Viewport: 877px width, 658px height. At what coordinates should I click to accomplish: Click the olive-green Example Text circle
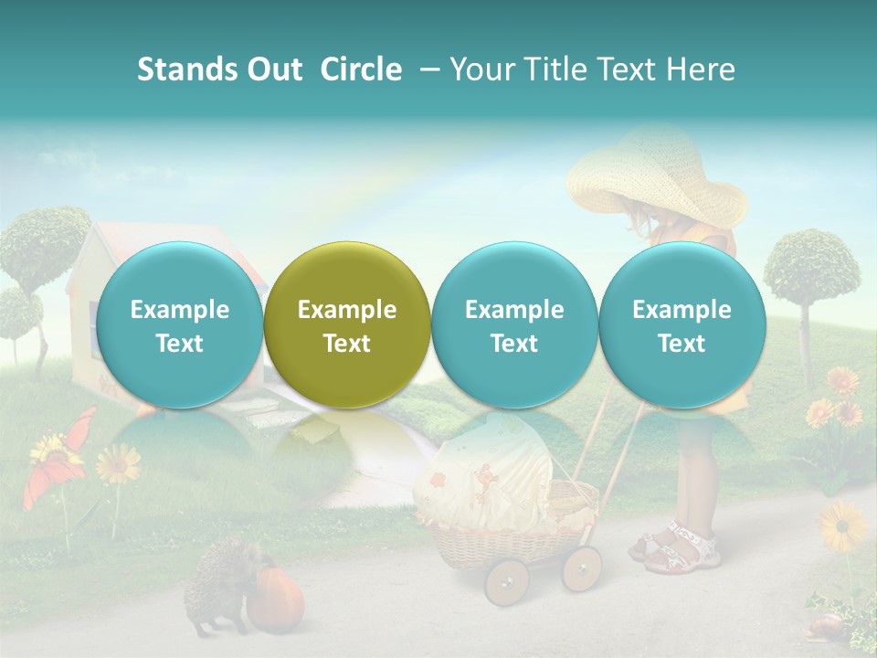[x=347, y=325]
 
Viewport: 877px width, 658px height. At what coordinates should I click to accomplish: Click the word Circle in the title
[x=361, y=69]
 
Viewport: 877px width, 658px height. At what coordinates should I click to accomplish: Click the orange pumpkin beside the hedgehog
[x=275, y=599]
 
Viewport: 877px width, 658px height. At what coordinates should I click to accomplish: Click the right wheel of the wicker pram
[x=581, y=568]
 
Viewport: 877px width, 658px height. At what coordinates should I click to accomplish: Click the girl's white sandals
[x=676, y=548]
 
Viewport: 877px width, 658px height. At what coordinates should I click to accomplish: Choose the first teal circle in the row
[x=179, y=325]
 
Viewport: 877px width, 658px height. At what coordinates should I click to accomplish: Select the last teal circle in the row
[x=682, y=325]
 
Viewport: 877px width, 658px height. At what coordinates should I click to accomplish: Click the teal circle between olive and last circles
[x=514, y=325]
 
